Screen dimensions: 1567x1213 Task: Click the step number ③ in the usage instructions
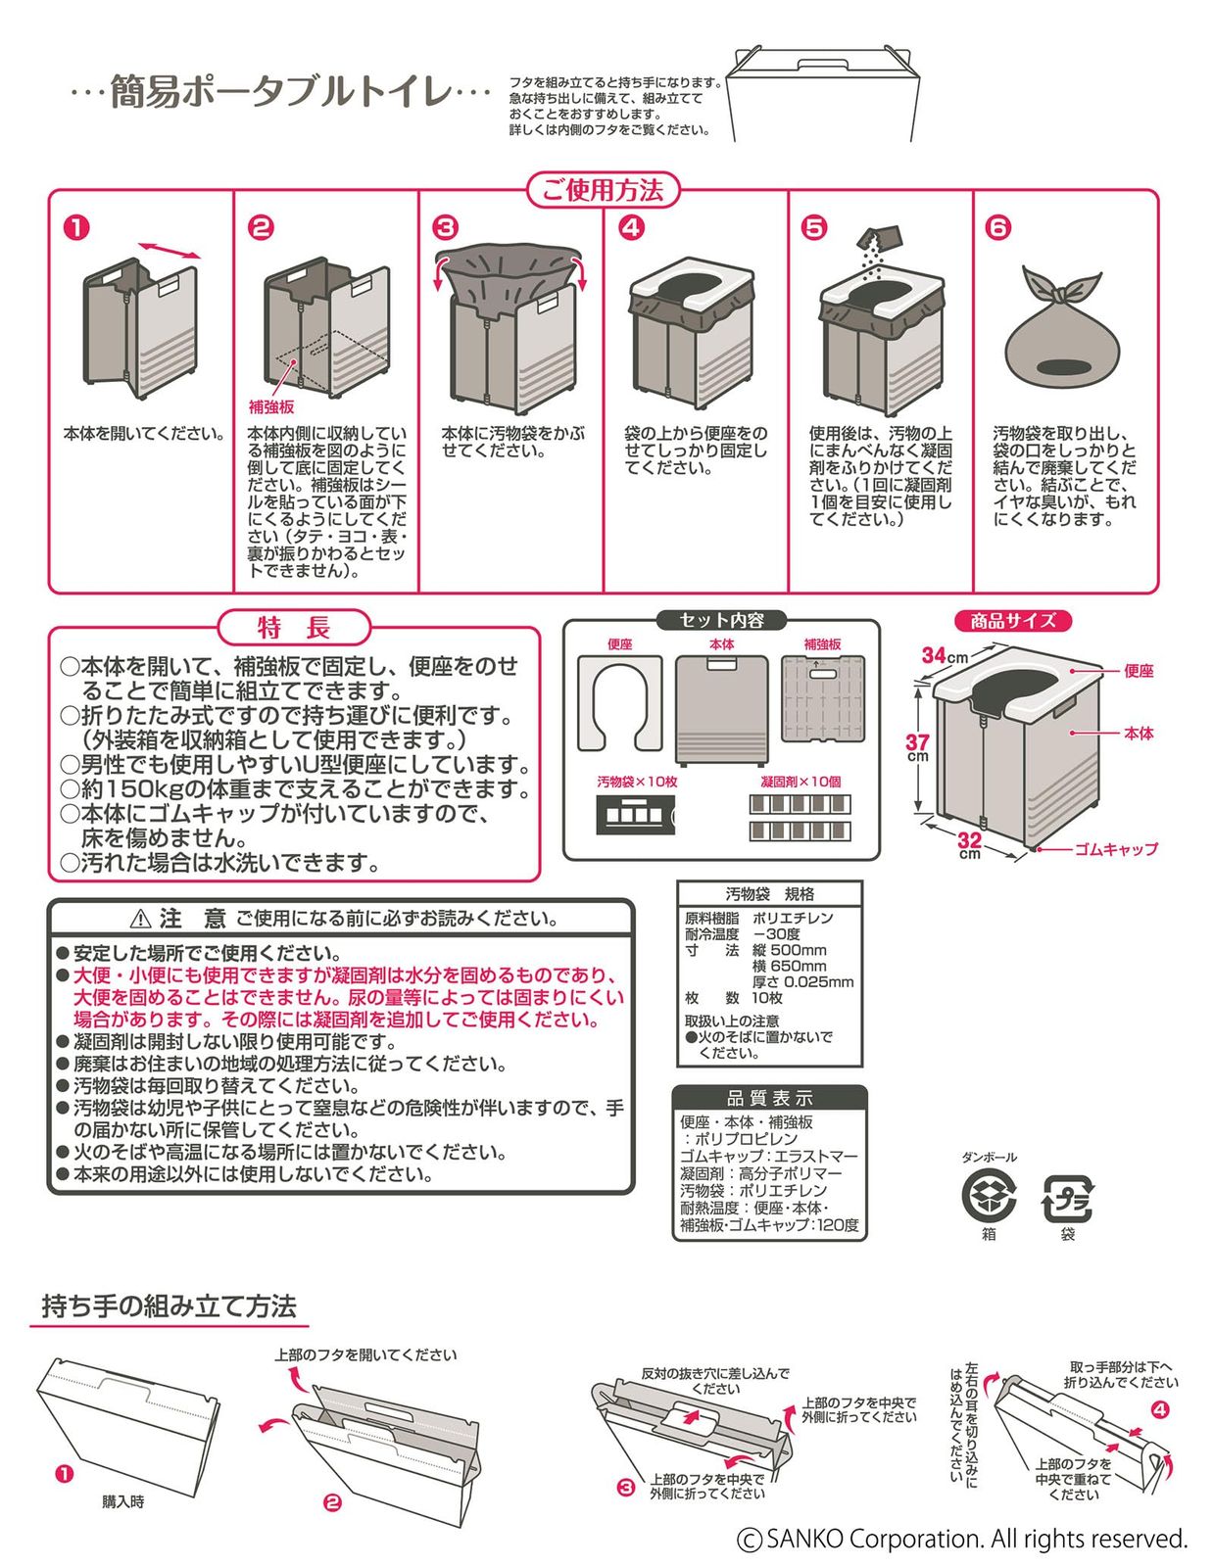(x=446, y=228)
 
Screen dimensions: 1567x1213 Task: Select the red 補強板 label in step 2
(x=271, y=407)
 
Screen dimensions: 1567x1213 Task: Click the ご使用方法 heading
(x=603, y=190)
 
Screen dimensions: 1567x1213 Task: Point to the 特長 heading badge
(x=294, y=627)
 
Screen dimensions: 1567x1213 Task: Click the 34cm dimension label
(x=944, y=655)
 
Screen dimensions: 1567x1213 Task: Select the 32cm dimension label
(x=969, y=843)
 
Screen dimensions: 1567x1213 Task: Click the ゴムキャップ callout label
(x=1115, y=849)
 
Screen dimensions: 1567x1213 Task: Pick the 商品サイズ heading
(x=1012, y=621)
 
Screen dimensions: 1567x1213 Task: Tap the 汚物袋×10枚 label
(x=637, y=782)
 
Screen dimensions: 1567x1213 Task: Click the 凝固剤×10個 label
(x=801, y=782)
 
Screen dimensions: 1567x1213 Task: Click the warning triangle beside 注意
(x=140, y=919)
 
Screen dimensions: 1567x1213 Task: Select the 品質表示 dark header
(x=769, y=1098)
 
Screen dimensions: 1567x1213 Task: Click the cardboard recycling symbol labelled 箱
(x=988, y=1196)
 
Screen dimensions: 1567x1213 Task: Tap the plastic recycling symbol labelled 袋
(x=1066, y=1198)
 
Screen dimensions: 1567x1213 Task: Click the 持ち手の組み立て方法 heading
(x=169, y=1306)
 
